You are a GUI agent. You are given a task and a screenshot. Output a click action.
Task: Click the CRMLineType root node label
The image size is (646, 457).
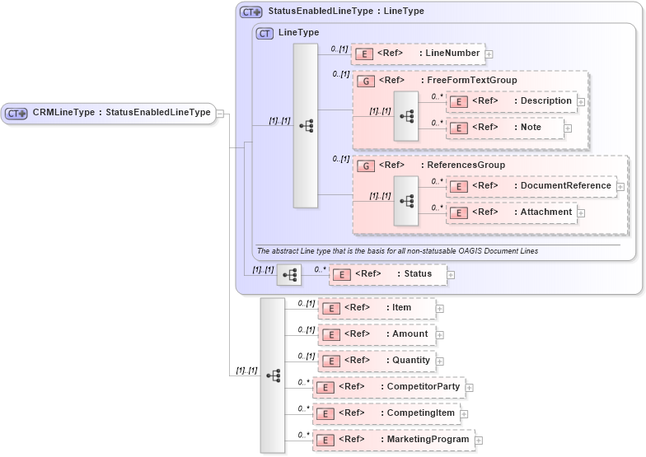pos(120,113)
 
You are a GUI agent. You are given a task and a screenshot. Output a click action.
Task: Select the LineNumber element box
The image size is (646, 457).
pos(418,54)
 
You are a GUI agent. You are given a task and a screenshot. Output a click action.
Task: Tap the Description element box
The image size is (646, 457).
pos(510,101)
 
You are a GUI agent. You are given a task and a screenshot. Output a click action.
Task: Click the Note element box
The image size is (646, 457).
pos(504,128)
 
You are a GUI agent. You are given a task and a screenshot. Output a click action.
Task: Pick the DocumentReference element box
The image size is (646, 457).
pos(531,186)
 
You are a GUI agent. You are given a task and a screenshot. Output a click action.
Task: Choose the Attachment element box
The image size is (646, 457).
pos(510,212)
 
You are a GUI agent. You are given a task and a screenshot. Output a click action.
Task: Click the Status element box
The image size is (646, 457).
pos(388,274)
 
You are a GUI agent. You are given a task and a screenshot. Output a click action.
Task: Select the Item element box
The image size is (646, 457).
pos(377,308)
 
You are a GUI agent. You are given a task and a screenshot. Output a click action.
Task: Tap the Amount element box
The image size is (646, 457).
pos(377,334)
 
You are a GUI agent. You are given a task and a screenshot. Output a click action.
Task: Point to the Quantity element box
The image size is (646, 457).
pos(377,361)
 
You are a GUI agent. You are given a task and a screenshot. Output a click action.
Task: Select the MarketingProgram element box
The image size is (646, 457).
pos(393,440)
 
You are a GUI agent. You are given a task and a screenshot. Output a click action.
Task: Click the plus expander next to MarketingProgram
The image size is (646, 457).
pos(479,441)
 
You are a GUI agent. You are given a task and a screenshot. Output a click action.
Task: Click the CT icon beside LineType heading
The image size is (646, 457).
pos(264,33)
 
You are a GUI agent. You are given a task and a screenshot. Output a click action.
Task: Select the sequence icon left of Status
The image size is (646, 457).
pos(288,275)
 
